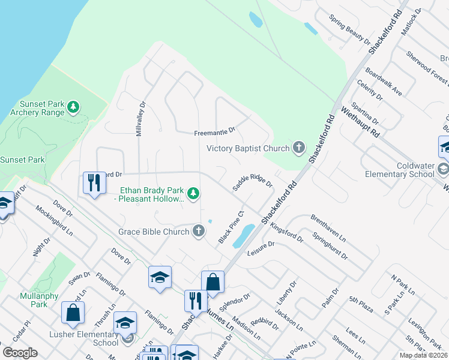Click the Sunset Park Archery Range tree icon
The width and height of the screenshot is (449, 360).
point(73,107)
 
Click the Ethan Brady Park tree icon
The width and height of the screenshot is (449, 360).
point(193,193)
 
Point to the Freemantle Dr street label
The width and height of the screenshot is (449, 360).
point(214,132)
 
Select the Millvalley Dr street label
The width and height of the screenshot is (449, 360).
point(139,118)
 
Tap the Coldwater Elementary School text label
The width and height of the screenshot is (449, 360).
point(400,170)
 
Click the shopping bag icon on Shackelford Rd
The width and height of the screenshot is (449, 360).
point(212,281)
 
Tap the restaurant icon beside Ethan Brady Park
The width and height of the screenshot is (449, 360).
point(94,182)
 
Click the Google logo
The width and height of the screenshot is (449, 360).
point(20,352)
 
